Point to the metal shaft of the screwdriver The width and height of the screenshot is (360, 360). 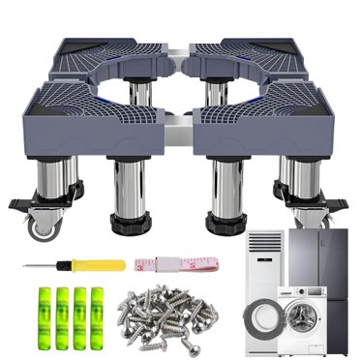click(x=44, y=265)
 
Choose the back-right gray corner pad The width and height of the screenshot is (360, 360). click(x=261, y=53)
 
